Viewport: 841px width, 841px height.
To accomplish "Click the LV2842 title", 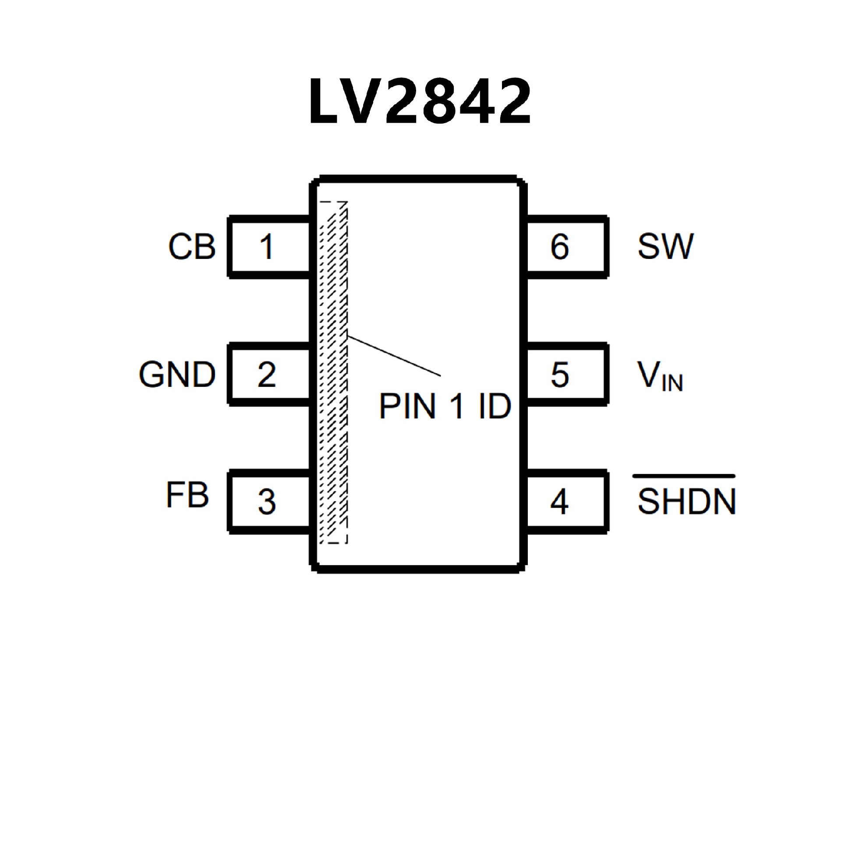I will pos(420,102).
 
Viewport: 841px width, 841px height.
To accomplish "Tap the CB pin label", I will pos(192,247).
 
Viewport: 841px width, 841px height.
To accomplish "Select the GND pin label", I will pos(177,375).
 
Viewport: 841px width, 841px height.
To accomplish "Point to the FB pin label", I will pos(187,495).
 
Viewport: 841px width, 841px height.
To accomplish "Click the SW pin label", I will pos(665,247).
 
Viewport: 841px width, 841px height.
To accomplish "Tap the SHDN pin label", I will pos(686,501).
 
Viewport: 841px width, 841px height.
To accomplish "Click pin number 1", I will pos(267,247).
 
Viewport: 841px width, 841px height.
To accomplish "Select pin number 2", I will pos(267,375).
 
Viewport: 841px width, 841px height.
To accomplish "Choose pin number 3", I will pos(267,502).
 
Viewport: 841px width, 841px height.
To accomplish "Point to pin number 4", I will pos(559,502).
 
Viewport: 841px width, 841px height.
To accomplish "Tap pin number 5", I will pos(560,375).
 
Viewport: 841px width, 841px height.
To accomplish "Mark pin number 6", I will pos(560,247).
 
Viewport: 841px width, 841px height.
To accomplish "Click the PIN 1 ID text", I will pos(445,406).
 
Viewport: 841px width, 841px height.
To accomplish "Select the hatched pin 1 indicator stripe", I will pos(334,372).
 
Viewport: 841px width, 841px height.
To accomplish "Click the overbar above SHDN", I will pos(684,476).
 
